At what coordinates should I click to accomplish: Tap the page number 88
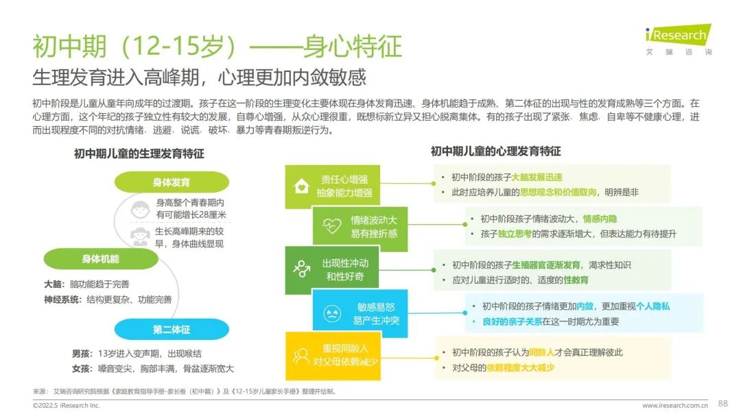tap(722, 403)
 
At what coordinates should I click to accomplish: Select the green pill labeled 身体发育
tap(172, 182)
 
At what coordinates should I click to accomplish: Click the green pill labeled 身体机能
tap(101, 259)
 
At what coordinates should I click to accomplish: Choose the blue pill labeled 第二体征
tap(172, 329)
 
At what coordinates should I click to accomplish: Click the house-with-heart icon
tap(301, 186)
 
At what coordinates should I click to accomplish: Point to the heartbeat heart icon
tap(331, 226)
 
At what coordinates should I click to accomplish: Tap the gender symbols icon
tap(302, 268)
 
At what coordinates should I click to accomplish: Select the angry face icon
tap(332, 313)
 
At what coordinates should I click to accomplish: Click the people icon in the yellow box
tap(301, 356)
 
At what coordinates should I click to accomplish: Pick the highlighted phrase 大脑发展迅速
tap(537, 178)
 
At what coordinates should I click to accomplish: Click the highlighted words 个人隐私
tap(652, 306)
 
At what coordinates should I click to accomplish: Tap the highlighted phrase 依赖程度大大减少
tap(520, 367)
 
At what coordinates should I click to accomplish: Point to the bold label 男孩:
tap(82, 353)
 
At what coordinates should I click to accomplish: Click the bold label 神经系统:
tap(62, 299)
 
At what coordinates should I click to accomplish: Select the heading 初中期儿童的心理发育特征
tap(496, 151)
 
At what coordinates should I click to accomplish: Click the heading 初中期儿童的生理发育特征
tap(139, 154)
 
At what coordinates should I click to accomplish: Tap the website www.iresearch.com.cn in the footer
tap(675, 405)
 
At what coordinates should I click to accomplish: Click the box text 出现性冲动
tap(345, 263)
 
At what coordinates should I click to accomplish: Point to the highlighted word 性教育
tap(576, 280)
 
